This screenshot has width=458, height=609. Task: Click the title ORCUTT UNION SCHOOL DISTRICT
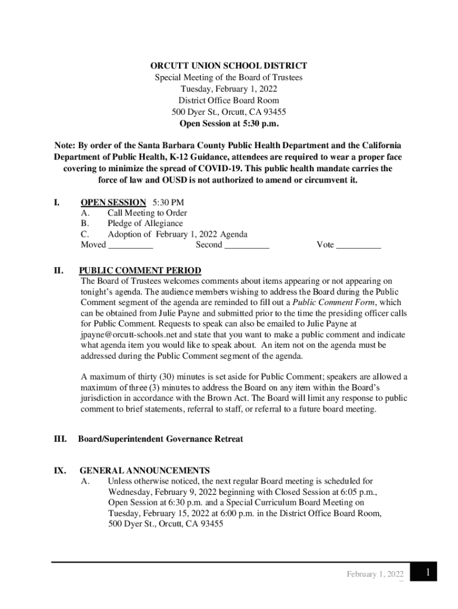[x=228, y=66]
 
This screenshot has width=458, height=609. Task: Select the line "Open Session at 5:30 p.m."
[x=228, y=124]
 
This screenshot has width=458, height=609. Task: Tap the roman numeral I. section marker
[x=57, y=202]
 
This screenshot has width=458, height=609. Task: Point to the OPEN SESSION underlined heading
[x=113, y=202]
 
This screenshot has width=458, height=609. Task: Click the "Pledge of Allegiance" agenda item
[x=145, y=223]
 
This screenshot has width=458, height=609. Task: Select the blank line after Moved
[x=131, y=245]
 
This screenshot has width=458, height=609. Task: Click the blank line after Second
[x=247, y=245]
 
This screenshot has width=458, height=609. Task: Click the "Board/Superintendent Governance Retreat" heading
[x=161, y=439]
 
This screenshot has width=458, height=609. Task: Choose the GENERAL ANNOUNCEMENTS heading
[x=145, y=470]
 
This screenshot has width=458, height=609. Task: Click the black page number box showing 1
[x=426, y=573]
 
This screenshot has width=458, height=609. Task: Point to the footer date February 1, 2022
[x=375, y=575]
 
